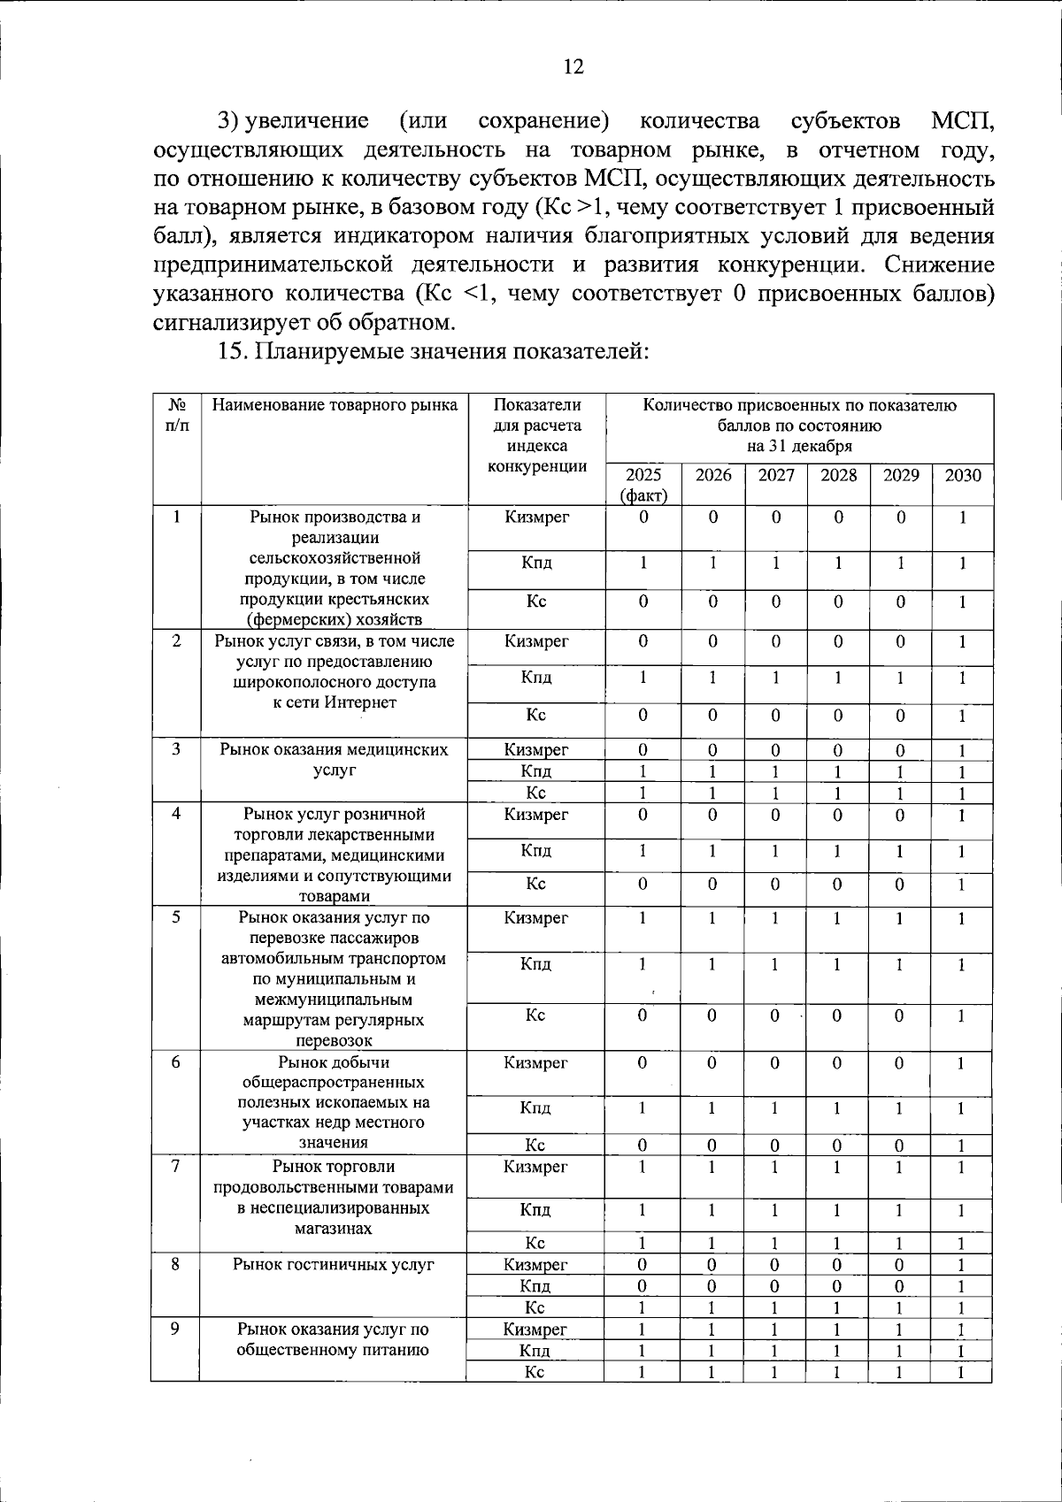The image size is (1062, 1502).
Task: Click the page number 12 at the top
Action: tap(573, 67)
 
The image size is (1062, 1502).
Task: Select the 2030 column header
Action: tap(963, 476)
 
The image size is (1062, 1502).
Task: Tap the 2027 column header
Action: tap(776, 476)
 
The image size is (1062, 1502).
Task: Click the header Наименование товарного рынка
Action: tap(335, 406)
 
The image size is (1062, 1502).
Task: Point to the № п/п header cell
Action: tap(177, 415)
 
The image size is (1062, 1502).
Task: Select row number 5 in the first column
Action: tap(177, 917)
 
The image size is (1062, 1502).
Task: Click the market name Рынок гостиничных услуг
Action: tap(334, 1265)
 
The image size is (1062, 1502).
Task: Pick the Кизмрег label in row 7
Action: tap(535, 1168)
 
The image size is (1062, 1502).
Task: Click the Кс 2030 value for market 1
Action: tap(963, 602)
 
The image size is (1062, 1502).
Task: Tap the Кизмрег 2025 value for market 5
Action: tap(643, 918)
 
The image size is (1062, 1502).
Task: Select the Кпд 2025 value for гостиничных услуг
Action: tap(643, 1286)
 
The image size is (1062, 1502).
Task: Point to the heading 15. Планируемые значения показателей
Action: tap(434, 351)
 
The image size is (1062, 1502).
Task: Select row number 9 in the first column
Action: tap(176, 1329)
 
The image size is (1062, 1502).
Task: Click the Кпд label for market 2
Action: tap(536, 678)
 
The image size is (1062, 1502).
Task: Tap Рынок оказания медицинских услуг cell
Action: tap(335, 760)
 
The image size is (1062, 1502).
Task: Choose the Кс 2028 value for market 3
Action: tap(838, 793)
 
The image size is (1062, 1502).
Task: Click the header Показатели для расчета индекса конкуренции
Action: tap(537, 436)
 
